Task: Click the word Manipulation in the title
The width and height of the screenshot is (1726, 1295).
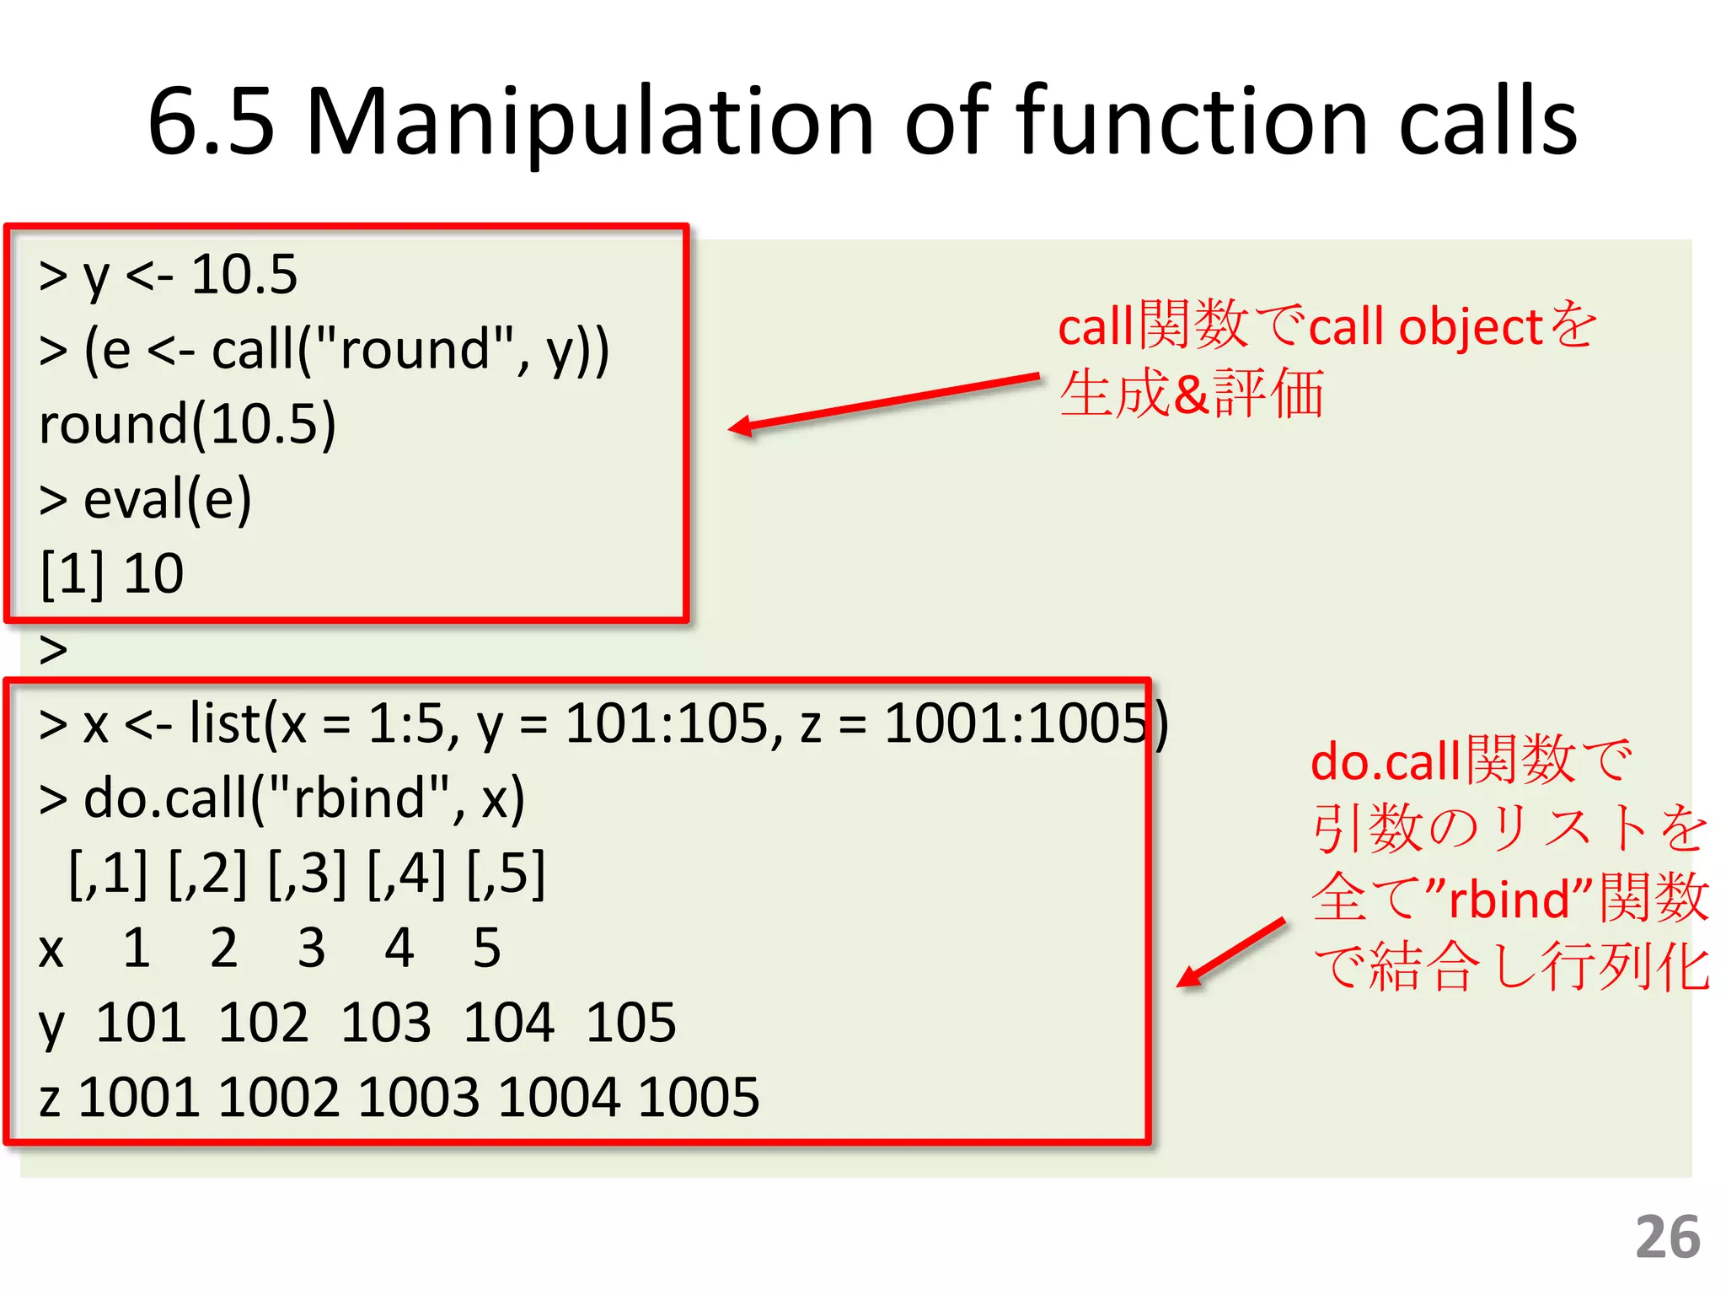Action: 590,122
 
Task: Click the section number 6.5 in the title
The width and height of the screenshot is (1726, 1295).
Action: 212,122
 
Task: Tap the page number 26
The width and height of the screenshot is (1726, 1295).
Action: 1668,1237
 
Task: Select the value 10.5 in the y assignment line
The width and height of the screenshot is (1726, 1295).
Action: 244,274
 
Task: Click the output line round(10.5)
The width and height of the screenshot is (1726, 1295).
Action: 188,423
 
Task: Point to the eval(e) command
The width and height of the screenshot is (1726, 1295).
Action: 167,498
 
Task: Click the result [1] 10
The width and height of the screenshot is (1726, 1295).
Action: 112,573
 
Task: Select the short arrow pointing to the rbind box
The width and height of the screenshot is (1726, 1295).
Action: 1231,952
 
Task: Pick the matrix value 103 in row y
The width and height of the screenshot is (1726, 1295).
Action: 386,1022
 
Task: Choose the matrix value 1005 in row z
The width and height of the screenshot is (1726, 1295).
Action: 699,1097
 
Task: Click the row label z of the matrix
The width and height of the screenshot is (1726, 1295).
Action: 50,1099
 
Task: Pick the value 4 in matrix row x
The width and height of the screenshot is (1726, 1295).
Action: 399,948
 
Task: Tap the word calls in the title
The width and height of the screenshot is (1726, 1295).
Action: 1487,122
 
